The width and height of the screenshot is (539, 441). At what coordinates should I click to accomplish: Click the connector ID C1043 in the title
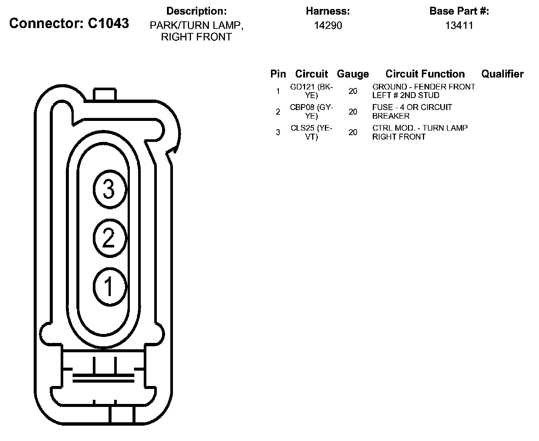click(x=109, y=23)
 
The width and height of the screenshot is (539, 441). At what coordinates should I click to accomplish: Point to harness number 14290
click(x=328, y=25)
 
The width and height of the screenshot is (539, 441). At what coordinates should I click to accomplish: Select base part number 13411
click(x=459, y=25)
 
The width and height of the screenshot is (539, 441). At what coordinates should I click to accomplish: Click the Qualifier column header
click(x=502, y=74)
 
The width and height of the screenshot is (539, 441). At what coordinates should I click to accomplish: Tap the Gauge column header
click(x=353, y=74)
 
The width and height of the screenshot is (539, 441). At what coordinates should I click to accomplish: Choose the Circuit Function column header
click(x=425, y=74)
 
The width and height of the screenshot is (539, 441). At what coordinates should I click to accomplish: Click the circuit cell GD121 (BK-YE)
click(x=311, y=91)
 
